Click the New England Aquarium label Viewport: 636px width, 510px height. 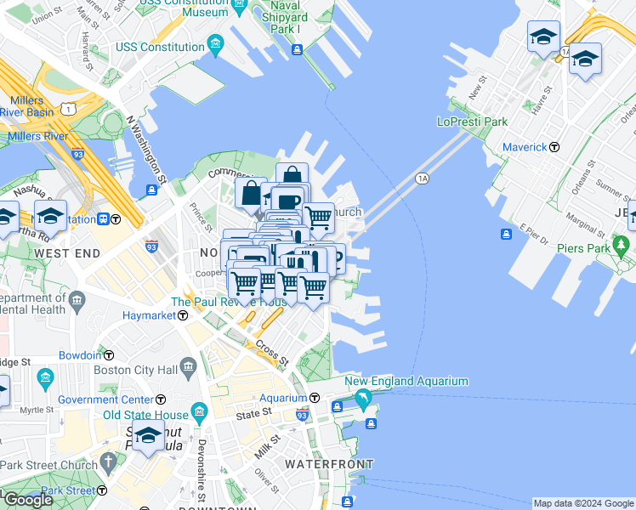412,382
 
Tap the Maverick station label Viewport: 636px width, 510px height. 524,147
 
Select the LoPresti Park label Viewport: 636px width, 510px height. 472,122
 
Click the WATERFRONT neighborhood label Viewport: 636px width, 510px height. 328,464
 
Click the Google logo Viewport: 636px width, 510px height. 28,500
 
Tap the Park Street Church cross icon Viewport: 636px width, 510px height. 107,462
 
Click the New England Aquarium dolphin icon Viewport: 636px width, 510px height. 364,399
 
